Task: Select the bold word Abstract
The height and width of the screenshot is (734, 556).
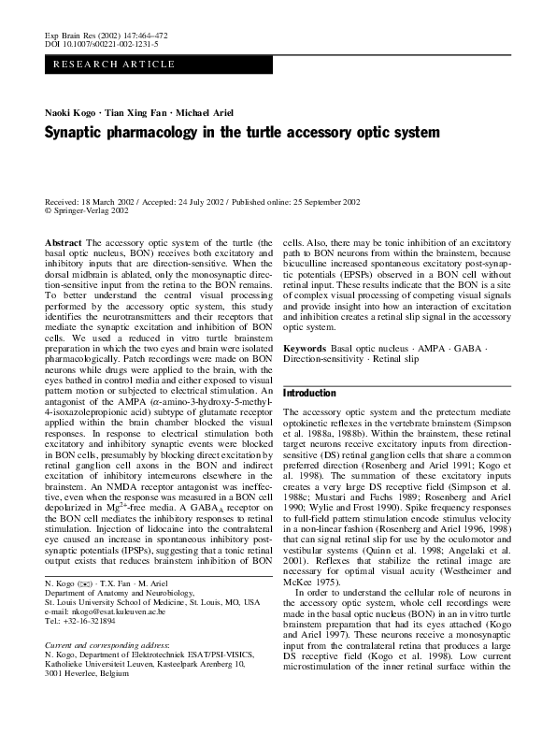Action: pos(63,241)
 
